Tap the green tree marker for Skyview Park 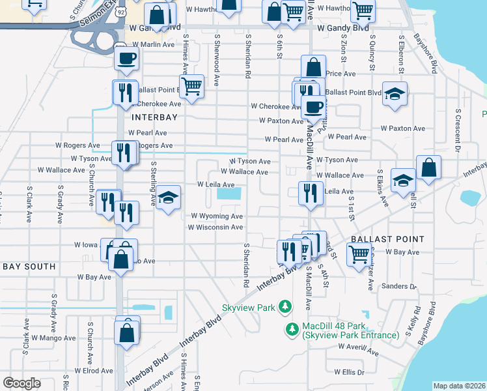coord(284,306)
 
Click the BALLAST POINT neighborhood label coord(387,240)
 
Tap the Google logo coord(21,383)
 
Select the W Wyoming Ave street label coord(216,216)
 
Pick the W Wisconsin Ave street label coord(215,227)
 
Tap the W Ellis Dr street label coord(349,371)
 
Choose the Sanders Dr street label coord(399,286)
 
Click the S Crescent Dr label coord(458,131)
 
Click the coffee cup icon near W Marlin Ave coord(126,58)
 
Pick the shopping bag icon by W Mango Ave coord(126,332)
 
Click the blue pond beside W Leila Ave coord(229,194)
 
